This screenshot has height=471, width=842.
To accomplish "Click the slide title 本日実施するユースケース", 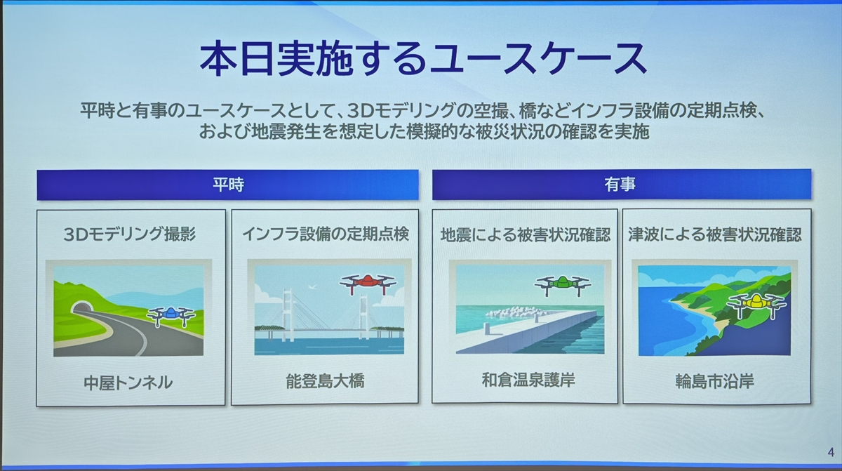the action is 423,60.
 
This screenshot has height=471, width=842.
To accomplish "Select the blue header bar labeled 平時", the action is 228,185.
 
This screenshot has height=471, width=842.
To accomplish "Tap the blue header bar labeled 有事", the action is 622,184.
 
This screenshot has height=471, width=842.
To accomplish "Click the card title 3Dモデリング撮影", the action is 130,234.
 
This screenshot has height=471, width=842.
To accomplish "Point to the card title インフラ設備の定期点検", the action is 325,234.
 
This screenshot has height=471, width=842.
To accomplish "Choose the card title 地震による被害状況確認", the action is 525,234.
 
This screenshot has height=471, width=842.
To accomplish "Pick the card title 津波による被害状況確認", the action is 715,234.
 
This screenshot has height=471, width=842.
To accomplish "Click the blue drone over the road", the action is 171,316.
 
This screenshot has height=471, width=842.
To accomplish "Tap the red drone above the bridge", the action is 368,283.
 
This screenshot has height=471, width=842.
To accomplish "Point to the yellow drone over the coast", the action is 756,304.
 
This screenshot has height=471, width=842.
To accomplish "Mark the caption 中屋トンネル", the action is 128,383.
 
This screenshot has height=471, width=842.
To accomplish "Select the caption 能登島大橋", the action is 325,381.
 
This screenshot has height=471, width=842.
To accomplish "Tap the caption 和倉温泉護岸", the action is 528,380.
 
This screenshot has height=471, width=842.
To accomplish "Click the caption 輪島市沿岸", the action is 714,382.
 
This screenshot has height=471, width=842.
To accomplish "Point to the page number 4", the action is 831,452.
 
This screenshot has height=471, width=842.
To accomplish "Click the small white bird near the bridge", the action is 312,287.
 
